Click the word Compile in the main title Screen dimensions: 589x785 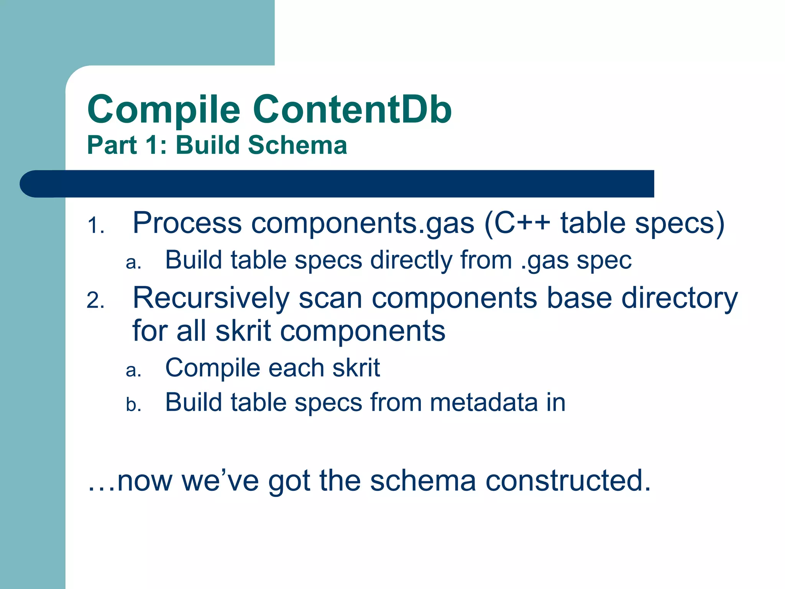[164, 110]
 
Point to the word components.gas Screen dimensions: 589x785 [362, 224]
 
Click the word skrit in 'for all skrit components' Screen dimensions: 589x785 [243, 331]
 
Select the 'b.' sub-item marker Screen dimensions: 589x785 [133, 405]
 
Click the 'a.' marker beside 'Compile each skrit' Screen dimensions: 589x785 [133, 370]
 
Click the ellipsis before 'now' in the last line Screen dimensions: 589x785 [100, 488]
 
